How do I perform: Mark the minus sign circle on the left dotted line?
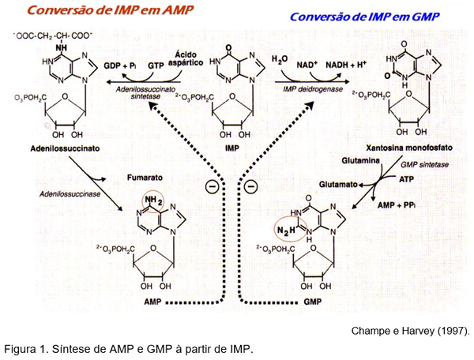click(x=210, y=186)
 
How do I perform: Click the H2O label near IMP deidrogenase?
click(x=279, y=60)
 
